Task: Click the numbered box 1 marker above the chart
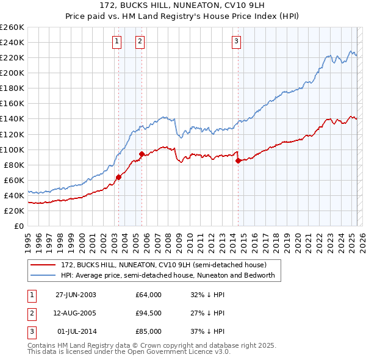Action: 116,41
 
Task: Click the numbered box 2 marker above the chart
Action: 140,41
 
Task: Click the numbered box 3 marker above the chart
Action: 236,41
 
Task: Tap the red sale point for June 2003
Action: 119,177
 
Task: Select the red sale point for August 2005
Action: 142,154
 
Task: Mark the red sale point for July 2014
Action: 238,161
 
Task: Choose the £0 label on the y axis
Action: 18,226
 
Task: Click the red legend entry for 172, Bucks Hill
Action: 163,265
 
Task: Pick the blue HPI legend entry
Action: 168,275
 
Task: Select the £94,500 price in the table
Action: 149,313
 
